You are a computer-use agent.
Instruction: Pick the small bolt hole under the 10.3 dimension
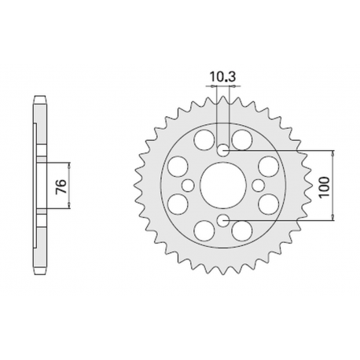[x=222, y=149]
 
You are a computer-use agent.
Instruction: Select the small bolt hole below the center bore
[x=222, y=222]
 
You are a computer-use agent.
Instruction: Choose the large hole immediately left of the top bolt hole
[x=204, y=141]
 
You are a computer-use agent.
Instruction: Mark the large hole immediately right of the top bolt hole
[x=242, y=141]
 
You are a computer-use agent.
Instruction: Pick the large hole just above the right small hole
[x=267, y=166]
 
